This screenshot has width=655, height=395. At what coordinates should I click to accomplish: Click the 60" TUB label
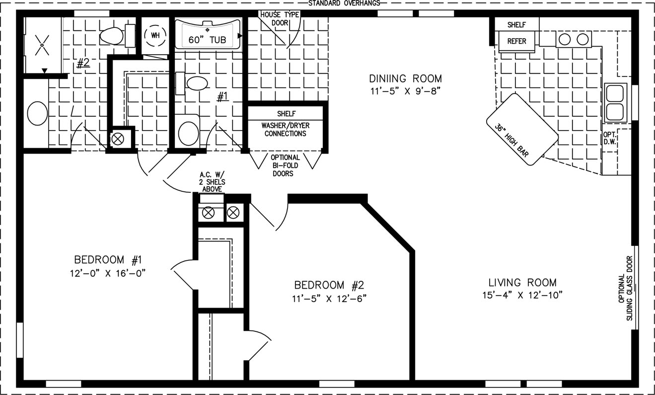tap(207, 40)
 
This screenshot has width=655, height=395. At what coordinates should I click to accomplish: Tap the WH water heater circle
tap(155, 35)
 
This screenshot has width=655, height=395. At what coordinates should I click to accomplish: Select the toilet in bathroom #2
tap(117, 36)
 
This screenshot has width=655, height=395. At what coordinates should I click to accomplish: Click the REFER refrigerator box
tap(516, 41)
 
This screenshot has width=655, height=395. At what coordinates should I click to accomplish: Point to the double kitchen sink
tap(615, 103)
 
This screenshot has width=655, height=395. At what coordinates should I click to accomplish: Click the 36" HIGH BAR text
tap(511, 141)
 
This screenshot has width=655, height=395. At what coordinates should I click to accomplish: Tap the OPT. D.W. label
tap(610, 138)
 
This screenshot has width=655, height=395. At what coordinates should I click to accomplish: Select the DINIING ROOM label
tap(405, 79)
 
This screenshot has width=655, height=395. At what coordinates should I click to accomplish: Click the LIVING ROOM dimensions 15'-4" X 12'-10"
tap(522, 295)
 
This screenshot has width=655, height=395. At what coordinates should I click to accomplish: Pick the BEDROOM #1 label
tap(108, 259)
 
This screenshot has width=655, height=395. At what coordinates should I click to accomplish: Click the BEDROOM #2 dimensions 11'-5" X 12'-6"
tap(329, 299)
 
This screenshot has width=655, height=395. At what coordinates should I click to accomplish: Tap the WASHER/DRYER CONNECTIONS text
tap(286, 130)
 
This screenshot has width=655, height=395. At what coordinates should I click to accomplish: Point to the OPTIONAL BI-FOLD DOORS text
tap(285, 165)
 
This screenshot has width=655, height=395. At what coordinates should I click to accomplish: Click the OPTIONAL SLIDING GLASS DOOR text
tap(625, 288)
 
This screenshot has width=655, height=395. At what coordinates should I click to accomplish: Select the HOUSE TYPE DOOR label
tap(280, 19)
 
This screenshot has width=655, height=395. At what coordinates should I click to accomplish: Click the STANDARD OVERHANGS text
tap(344, 3)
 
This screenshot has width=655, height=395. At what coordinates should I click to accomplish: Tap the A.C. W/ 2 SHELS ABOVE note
tap(212, 182)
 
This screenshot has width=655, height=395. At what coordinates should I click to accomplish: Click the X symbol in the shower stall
tap(42, 45)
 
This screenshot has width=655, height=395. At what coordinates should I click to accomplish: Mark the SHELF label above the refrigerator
tap(516, 25)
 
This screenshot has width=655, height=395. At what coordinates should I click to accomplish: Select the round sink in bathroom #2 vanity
tap(37, 113)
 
